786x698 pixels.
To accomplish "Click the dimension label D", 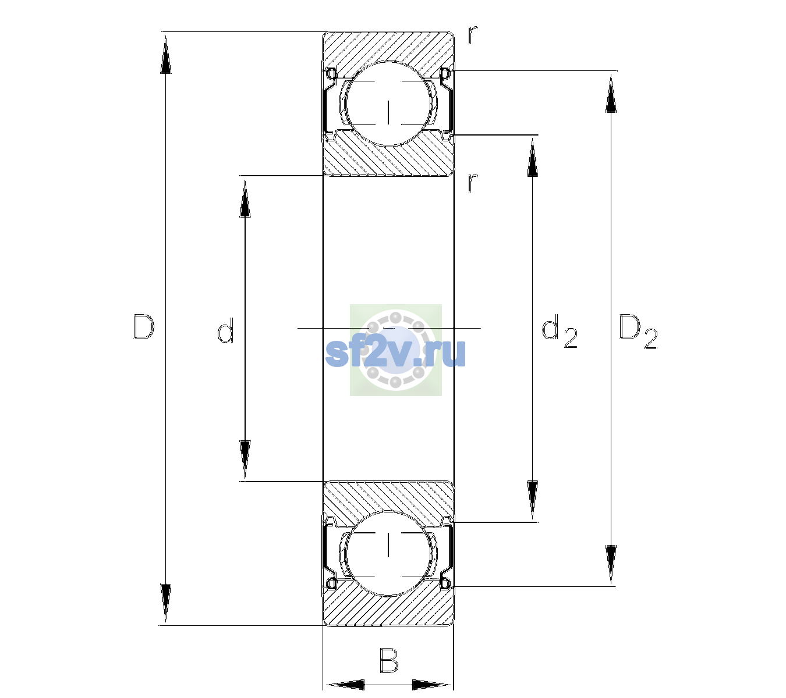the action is click(x=144, y=327).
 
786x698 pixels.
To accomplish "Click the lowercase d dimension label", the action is click(x=225, y=330).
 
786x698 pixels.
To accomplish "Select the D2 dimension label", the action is click(x=638, y=332).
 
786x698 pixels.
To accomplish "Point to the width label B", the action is click(x=389, y=660).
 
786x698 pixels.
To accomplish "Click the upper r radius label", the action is click(x=473, y=35).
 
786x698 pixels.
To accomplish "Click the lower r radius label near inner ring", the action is click(x=473, y=183).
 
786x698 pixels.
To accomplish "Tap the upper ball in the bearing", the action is click(x=388, y=104).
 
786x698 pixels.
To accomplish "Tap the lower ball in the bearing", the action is click(x=388, y=553).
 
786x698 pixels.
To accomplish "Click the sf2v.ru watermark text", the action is click(x=395, y=352).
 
